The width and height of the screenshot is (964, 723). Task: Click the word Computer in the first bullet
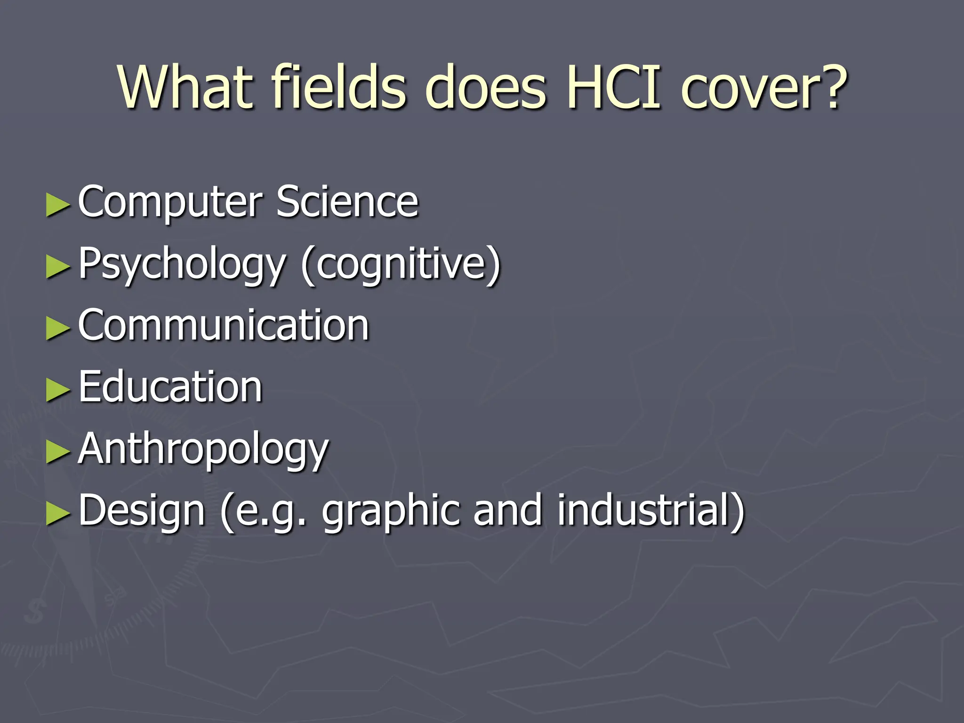click(x=170, y=202)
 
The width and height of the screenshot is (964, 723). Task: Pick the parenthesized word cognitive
click(x=401, y=264)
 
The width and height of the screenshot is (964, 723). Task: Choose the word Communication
click(x=224, y=325)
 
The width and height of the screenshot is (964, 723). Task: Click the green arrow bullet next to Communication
click(x=58, y=328)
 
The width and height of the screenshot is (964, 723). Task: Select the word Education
click(x=170, y=387)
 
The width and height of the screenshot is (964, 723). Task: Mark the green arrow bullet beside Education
click(x=58, y=390)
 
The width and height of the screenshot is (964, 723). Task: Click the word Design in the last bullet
click(x=142, y=511)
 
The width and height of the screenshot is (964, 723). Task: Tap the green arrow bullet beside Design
click(x=58, y=514)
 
